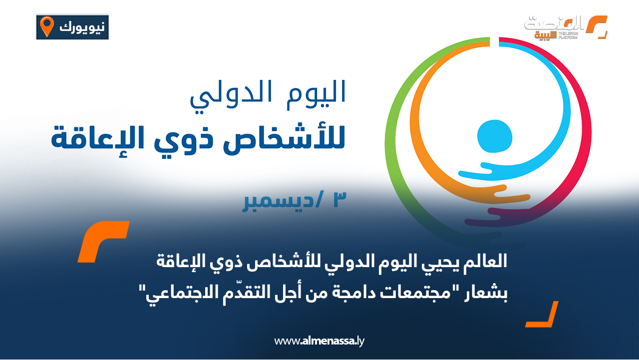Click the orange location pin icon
[x=47, y=26]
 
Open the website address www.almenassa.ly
[x=320, y=342]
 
